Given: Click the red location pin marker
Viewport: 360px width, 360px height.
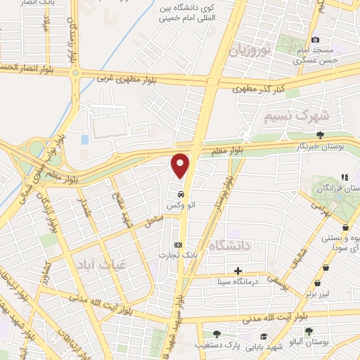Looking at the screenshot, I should coord(181,165).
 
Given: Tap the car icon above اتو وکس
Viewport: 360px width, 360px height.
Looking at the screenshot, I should coord(181,193).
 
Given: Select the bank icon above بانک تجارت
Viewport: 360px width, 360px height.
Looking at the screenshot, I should coord(178,245).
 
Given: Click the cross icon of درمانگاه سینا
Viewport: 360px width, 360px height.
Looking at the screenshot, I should coord(238,271).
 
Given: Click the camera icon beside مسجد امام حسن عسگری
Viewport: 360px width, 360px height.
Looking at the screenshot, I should coord(315,39).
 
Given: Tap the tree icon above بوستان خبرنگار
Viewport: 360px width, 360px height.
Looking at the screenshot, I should coord(320,134).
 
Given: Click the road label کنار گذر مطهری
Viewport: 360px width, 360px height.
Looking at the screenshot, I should coord(259,87).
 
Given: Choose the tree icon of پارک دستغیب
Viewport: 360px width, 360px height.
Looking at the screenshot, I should coord(216,334).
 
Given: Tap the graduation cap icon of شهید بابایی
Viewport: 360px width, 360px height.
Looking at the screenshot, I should coord(263,337).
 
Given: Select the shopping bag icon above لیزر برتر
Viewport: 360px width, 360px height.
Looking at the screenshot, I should coord(318,283).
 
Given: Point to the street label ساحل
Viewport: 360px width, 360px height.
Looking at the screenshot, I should coord(154,221).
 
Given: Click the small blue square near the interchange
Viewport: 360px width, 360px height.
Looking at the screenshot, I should coord(85,139).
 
